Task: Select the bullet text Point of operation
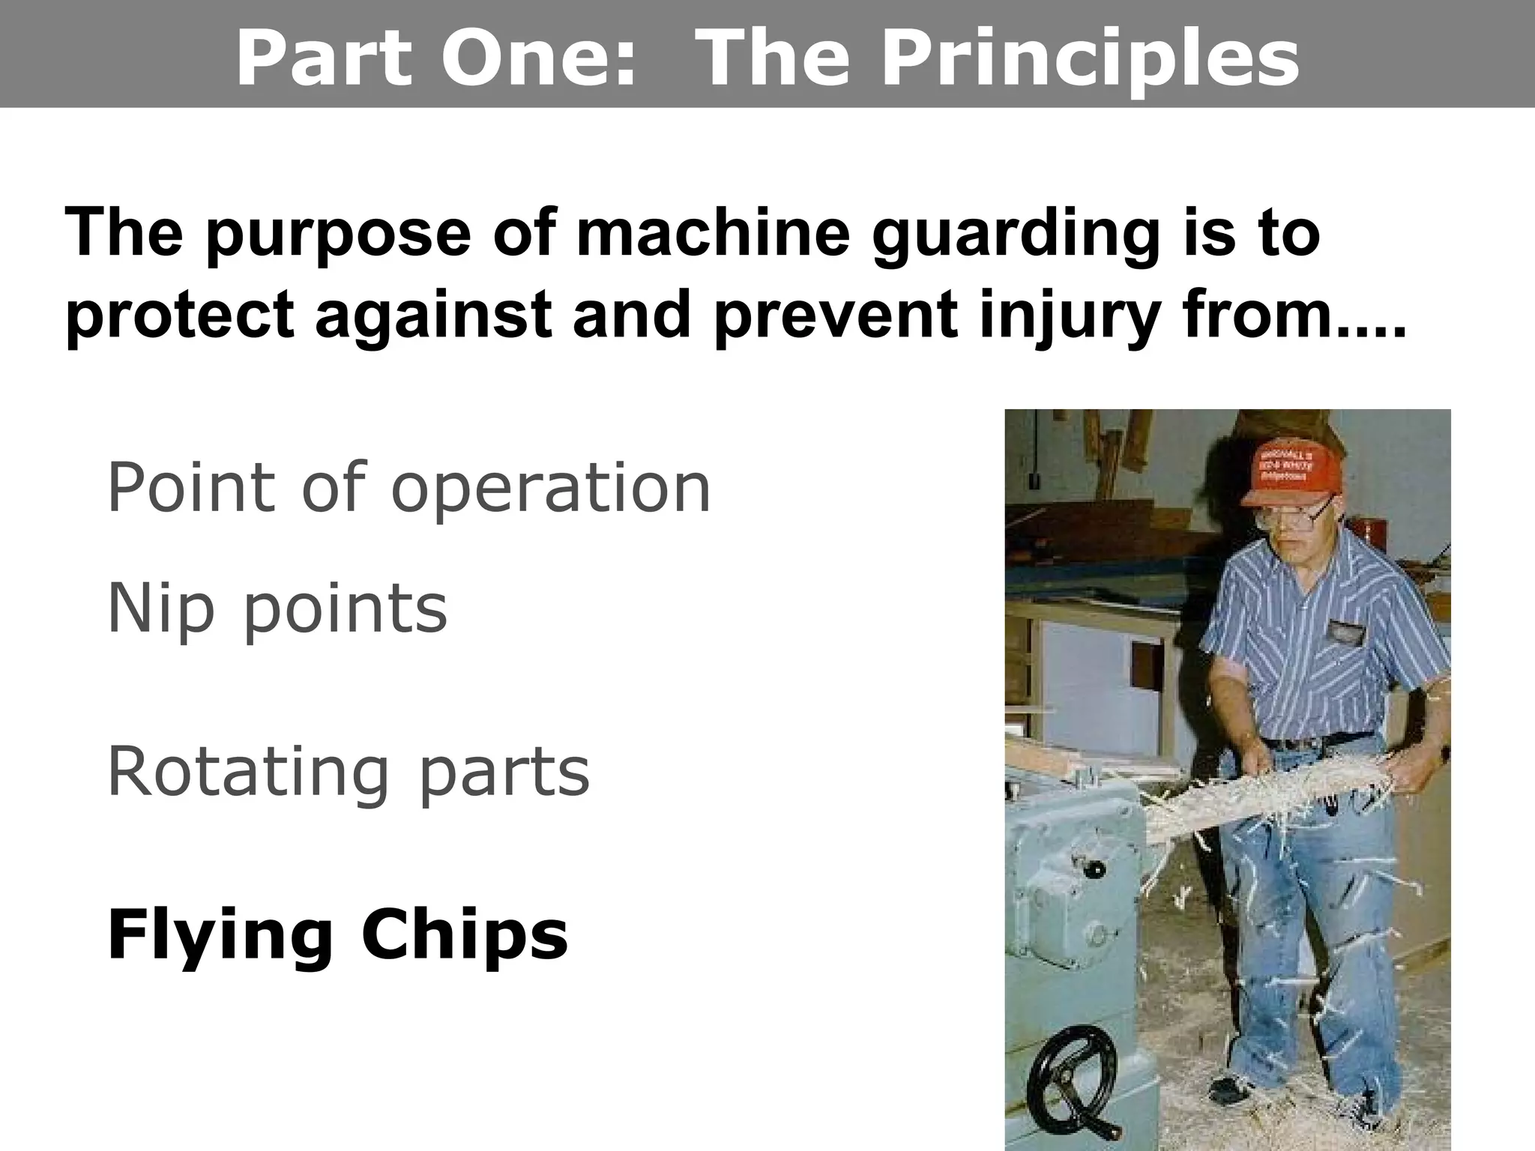(408, 488)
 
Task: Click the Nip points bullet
(277, 608)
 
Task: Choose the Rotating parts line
(349, 771)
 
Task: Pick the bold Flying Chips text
(337, 934)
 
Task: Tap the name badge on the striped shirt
(1346, 633)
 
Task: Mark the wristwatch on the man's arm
(1444, 753)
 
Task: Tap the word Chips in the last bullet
(464, 934)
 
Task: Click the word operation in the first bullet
(551, 488)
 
